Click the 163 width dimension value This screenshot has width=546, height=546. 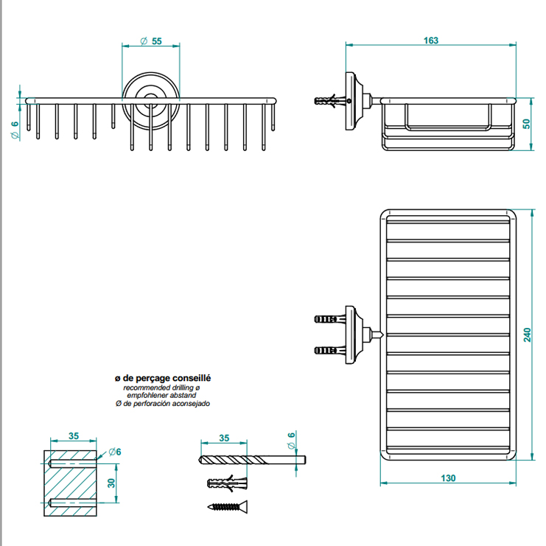coord(431,41)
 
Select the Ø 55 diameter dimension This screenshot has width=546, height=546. coord(152,41)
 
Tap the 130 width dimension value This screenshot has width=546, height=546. coord(448,477)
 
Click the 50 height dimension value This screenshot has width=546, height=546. coord(525,123)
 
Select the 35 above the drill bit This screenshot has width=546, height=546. coord(224,438)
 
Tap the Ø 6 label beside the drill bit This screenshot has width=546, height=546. coord(291,440)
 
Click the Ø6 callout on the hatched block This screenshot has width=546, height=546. coord(113,452)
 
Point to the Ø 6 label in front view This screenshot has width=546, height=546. coord(14,130)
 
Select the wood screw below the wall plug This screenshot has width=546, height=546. coord(227,507)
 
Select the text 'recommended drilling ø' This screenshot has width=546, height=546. coord(161,387)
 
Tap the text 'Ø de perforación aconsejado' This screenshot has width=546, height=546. coord(161,404)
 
